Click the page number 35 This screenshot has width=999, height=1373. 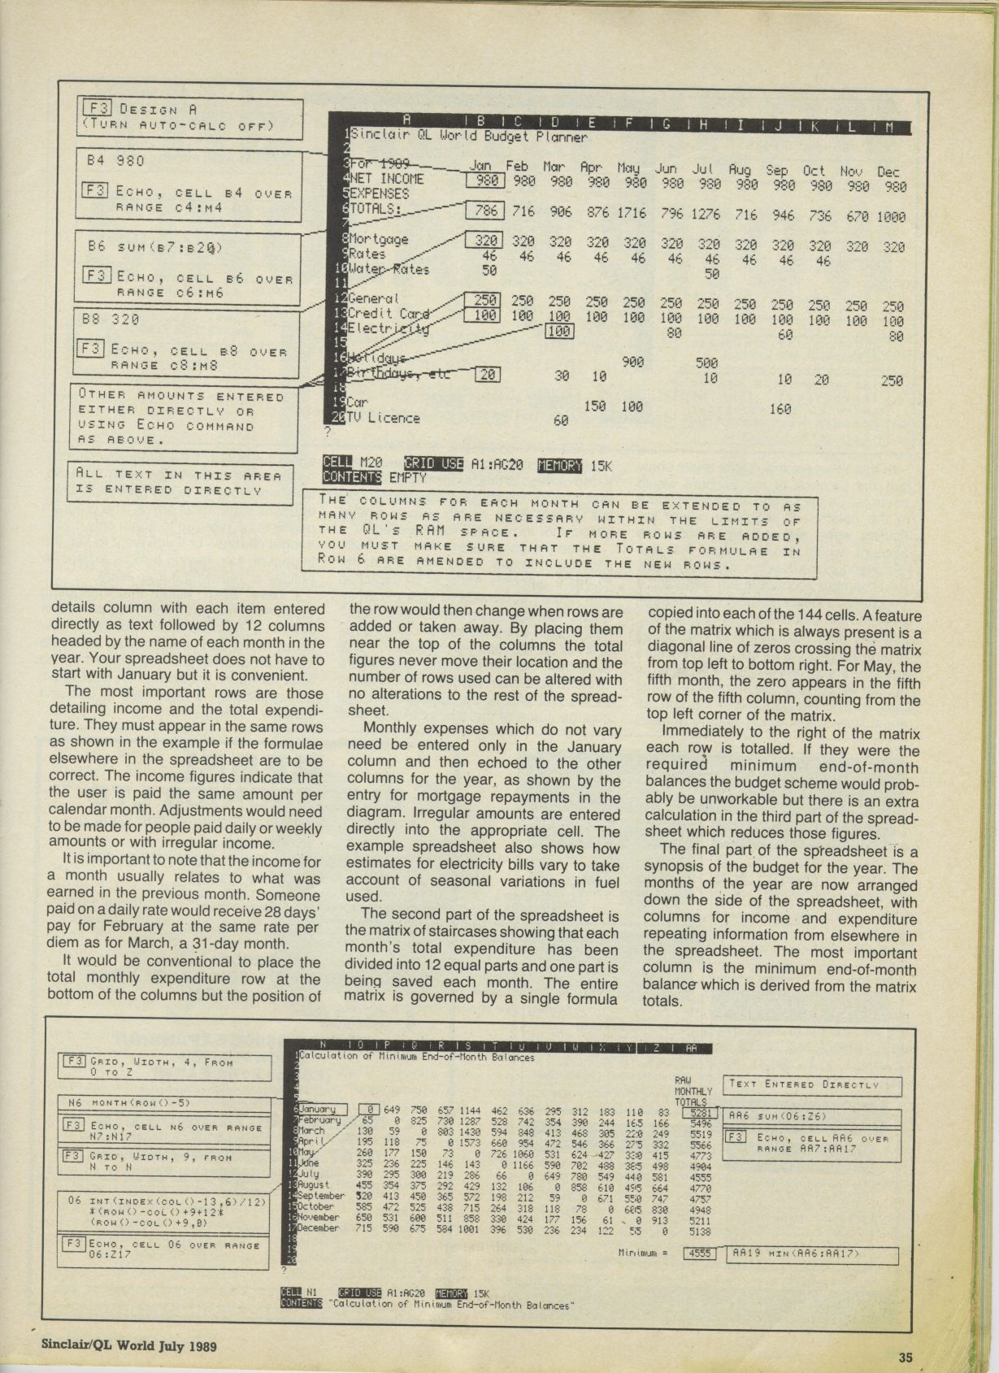(x=906, y=1357)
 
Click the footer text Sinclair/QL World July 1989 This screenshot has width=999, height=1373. (x=129, y=1345)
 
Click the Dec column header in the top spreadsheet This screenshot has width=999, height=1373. (x=888, y=172)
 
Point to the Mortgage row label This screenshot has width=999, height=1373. (x=378, y=240)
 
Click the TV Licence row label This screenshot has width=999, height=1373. (x=384, y=418)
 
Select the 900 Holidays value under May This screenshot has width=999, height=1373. (x=633, y=363)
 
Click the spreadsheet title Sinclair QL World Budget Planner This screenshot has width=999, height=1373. (x=467, y=137)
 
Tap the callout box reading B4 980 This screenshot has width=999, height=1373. (x=188, y=161)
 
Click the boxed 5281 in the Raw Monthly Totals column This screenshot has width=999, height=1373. (x=698, y=1113)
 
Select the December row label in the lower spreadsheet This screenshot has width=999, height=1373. (x=318, y=1228)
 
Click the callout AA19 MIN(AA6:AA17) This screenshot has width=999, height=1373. (x=811, y=1254)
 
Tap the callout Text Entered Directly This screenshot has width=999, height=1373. (x=803, y=1084)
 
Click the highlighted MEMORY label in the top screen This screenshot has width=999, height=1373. (x=560, y=465)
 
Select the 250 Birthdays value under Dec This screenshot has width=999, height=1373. (x=891, y=380)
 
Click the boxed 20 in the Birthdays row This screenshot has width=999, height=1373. (x=487, y=374)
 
